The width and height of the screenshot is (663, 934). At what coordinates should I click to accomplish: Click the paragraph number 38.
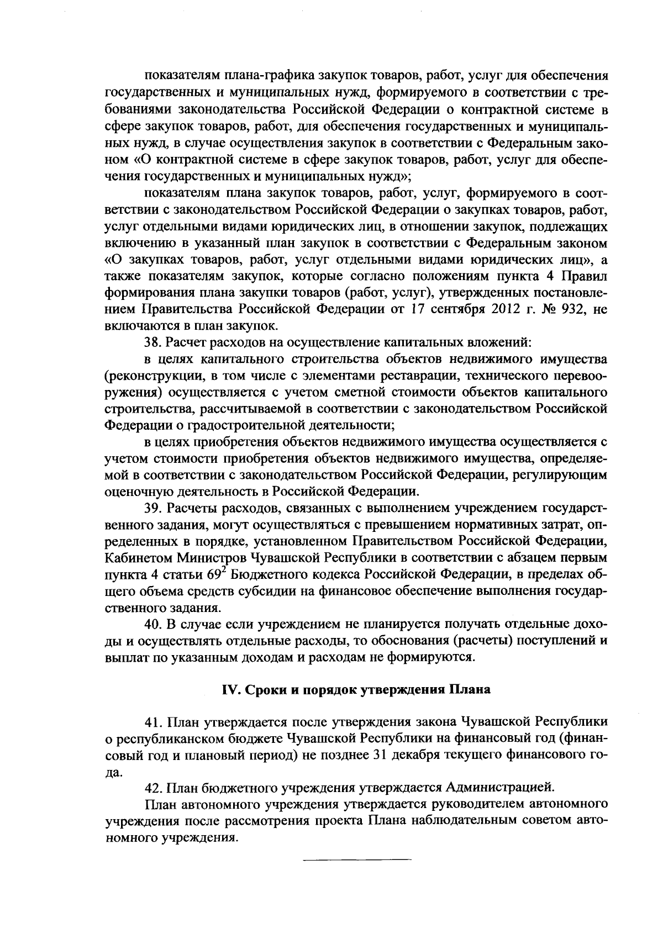(151, 342)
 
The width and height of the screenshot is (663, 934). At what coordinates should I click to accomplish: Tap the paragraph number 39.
(151, 507)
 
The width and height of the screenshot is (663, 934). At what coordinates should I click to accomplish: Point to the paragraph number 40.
(151, 624)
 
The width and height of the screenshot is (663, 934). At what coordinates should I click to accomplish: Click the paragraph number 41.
(151, 722)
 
